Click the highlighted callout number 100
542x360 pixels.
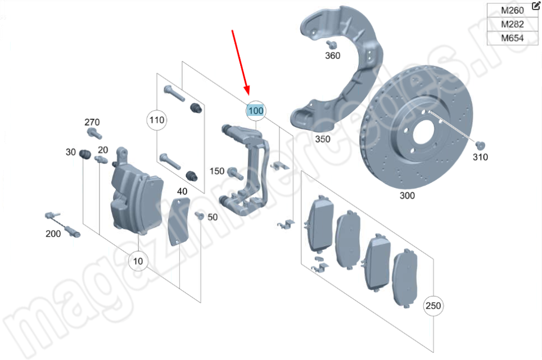255,111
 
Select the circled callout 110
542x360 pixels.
157,119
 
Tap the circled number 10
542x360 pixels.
138,260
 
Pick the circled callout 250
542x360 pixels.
433,306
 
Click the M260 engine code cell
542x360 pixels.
512,11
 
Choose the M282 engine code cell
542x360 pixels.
512,25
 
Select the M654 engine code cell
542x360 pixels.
512,38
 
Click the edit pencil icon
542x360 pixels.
535,6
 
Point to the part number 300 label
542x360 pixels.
406,196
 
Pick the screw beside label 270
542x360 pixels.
93,134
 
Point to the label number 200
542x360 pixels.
53,233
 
